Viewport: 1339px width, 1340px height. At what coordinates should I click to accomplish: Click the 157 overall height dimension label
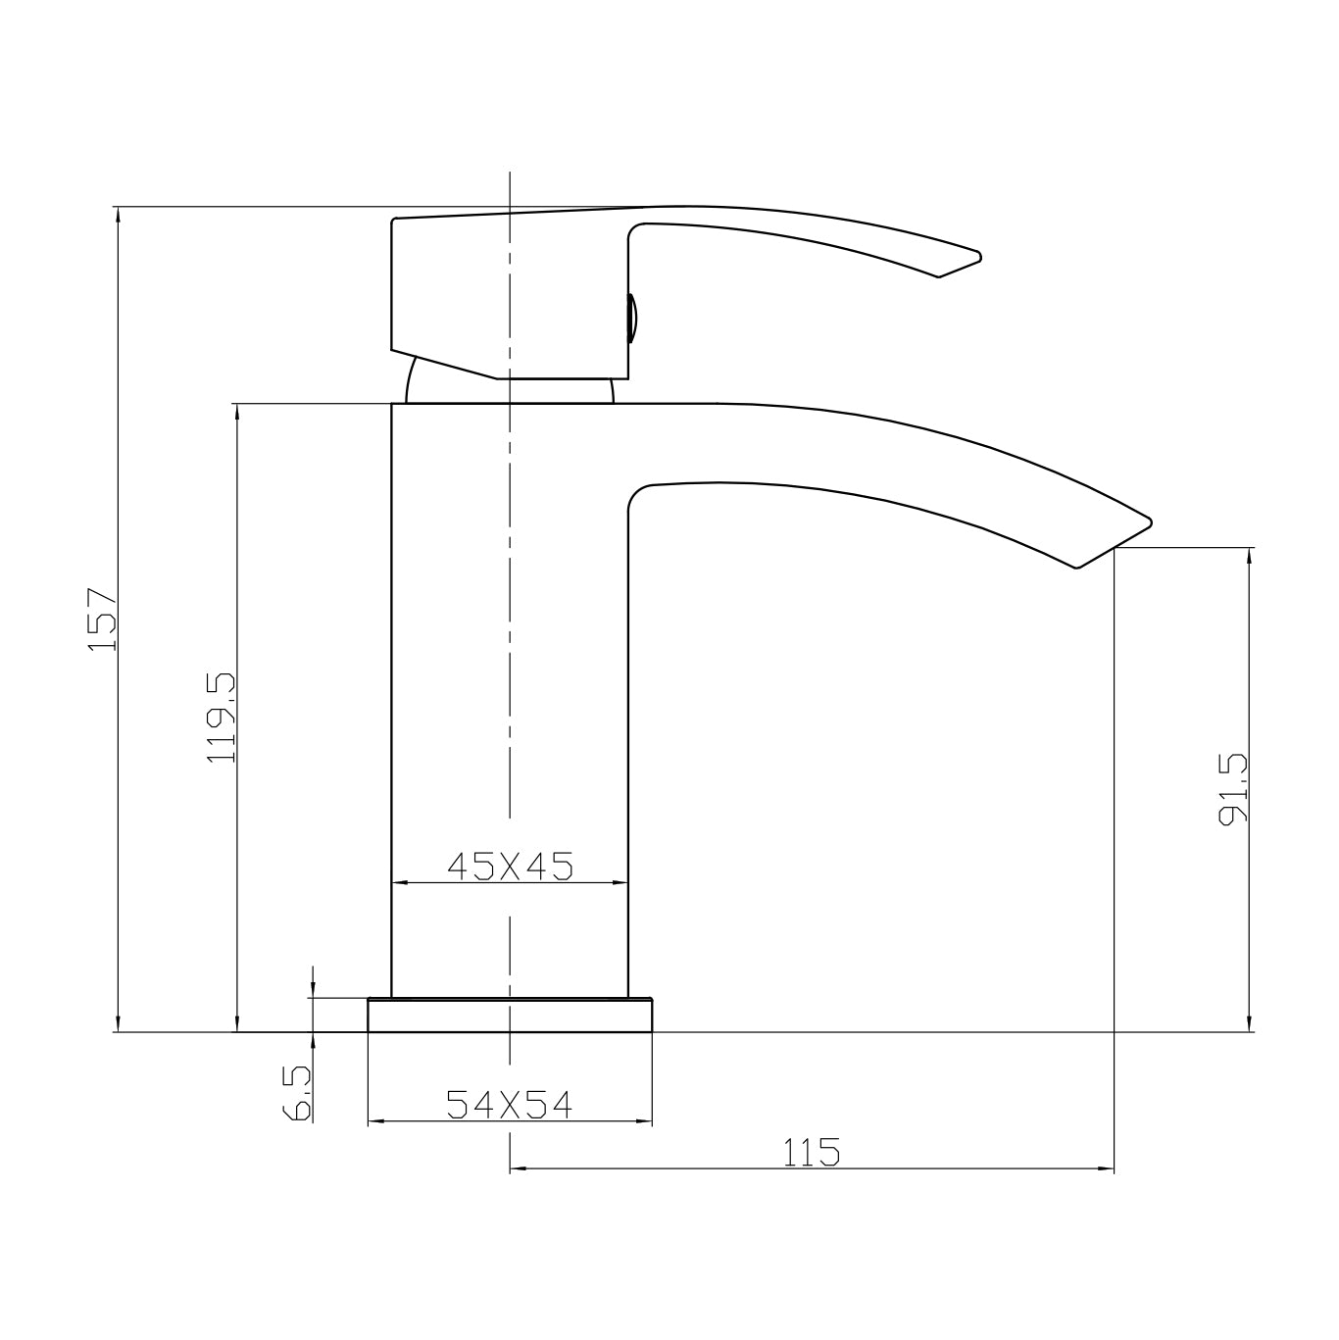tap(102, 620)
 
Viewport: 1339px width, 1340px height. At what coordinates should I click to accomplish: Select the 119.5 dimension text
tap(222, 718)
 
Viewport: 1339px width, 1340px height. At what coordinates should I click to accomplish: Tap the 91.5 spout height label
tap(1232, 788)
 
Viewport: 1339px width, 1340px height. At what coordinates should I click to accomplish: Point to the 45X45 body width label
tap(509, 866)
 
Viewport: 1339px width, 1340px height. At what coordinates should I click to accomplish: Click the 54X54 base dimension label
tap(509, 1105)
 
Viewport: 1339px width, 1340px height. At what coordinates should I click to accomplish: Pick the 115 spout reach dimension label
tap(812, 1153)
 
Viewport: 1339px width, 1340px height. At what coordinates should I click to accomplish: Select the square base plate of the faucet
tap(510, 1016)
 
